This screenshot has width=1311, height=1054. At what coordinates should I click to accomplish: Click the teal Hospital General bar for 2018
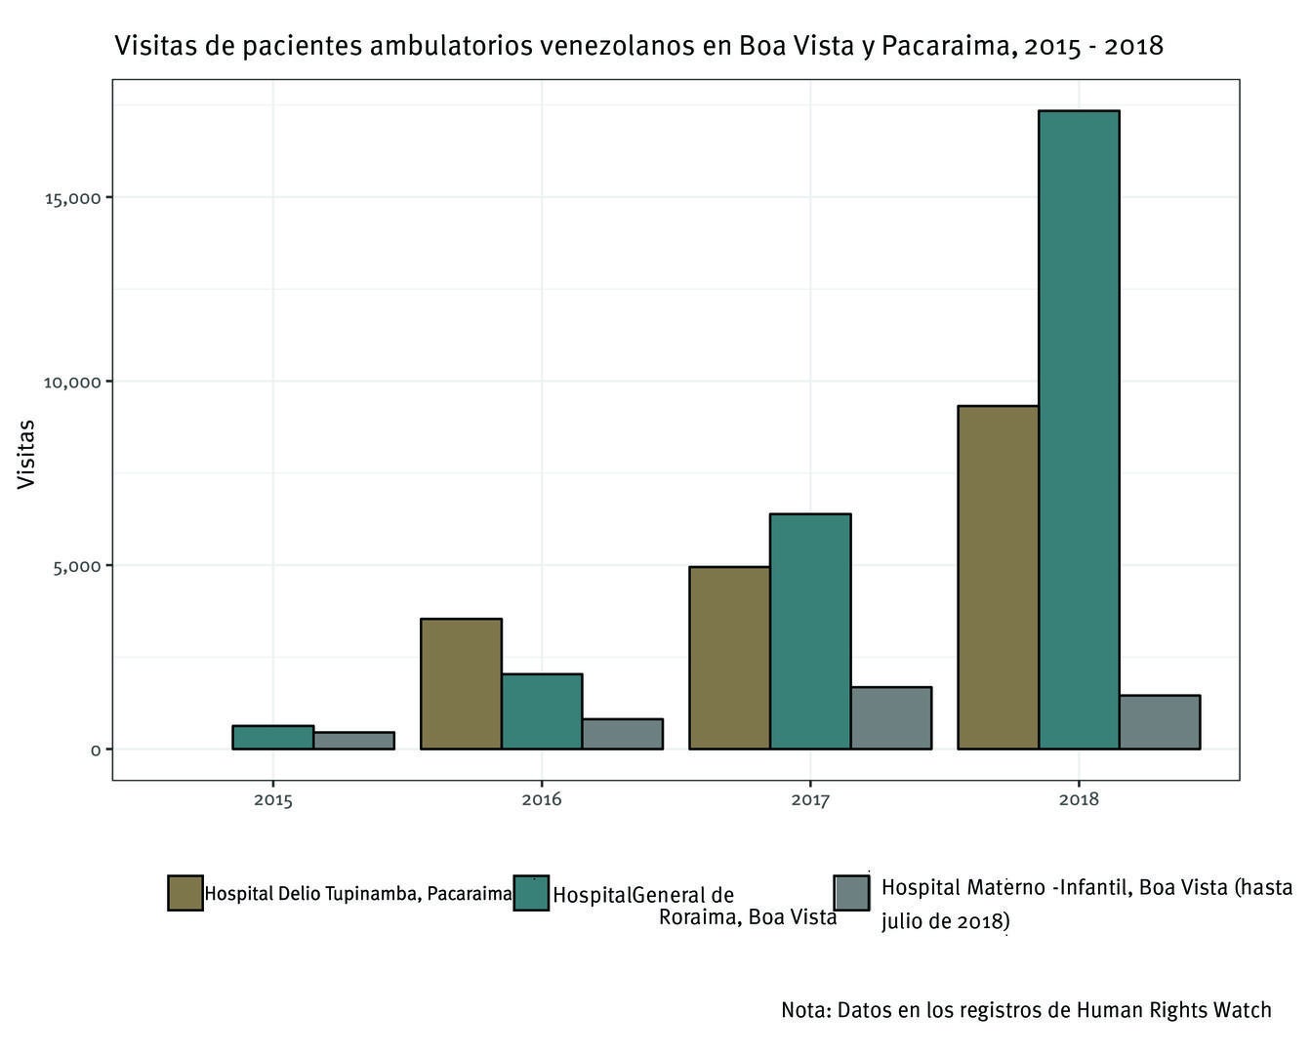click(1079, 429)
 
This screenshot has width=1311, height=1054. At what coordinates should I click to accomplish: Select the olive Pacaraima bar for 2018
click(998, 577)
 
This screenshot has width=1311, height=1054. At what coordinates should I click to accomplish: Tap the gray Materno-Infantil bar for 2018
click(1160, 722)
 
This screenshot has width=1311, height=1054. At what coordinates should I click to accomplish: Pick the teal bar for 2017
click(810, 631)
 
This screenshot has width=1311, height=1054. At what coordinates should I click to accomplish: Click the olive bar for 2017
click(729, 658)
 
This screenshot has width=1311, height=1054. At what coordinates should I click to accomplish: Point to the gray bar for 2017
click(891, 718)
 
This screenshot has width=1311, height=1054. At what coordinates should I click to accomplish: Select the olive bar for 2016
click(461, 683)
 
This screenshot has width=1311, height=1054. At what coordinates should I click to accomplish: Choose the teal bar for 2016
click(542, 711)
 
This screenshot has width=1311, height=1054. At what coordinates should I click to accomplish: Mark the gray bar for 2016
click(623, 734)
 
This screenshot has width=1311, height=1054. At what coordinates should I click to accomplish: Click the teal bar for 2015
click(272, 737)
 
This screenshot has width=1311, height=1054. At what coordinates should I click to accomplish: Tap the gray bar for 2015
click(353, 741)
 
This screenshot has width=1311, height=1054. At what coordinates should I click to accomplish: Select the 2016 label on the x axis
click(542, 800)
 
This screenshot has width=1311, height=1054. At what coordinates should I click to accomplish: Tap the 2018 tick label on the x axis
click(1079, 800)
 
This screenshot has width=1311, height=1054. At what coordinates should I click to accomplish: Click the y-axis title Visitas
click(26, 454)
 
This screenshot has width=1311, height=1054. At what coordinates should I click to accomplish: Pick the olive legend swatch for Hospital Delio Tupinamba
click(185, 893)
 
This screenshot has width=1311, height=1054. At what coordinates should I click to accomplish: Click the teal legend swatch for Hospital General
click(532, 893)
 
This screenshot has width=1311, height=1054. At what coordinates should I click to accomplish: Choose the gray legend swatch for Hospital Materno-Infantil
click(851, 893)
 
